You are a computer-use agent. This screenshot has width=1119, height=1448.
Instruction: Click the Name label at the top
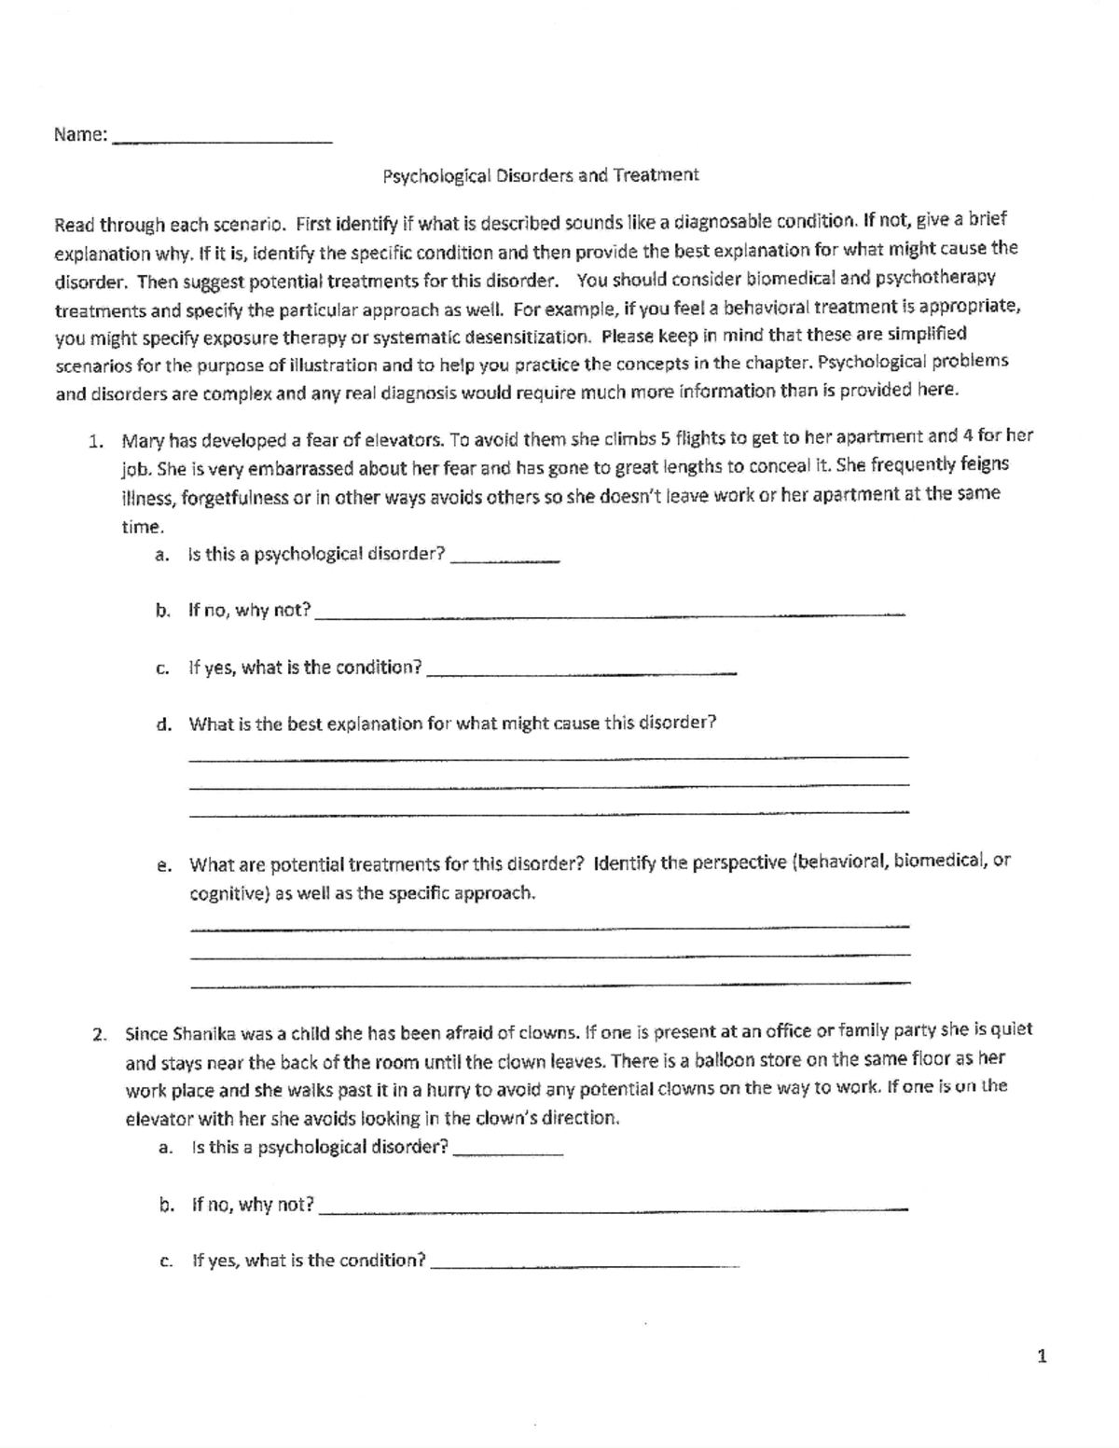pyautogui.click(x=80, y=135)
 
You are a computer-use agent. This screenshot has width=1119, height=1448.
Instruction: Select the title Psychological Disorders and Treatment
pyautogui.click(x=540, y=175)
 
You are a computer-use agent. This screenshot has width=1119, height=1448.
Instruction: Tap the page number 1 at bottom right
pyautogui.click(x=1042, y=1357)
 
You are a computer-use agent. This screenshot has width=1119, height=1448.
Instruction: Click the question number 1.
pyautogui.click(x=95, y=440)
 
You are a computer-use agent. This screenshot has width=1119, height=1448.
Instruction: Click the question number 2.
pyautogui.click(x=98, y=1034)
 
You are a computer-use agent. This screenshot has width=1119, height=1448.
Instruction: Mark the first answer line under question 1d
pyautogui.click(x=548, y=757)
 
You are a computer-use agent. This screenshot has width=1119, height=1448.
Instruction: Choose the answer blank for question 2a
pyautogui.click(x=508, y=1153)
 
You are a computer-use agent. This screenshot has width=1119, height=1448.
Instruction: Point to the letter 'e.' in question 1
pyautogui.click(x=164, y=865)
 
